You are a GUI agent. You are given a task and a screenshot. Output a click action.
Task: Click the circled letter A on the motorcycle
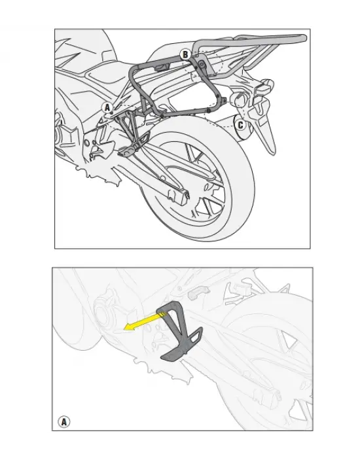107,107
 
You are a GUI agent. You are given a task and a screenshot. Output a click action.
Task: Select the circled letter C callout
240,124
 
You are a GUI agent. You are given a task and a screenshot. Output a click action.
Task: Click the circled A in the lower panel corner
64,421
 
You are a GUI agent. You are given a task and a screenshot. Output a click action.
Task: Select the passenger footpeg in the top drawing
127,150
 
